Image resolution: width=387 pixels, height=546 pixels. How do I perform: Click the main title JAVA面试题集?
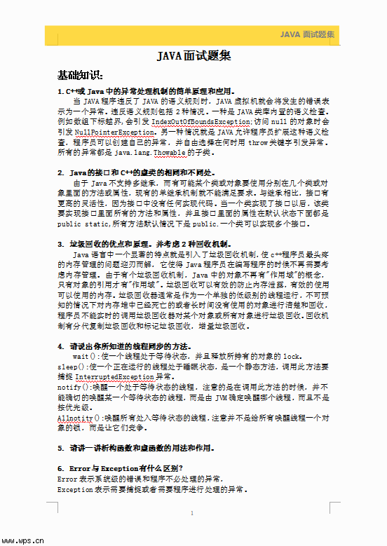pyautogui.click(x=193, y=57)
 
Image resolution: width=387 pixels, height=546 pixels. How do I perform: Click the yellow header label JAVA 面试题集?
pyautogui.click(x=307, y=34)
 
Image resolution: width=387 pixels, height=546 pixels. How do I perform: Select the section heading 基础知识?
pyautogui.click(x=80, y=75)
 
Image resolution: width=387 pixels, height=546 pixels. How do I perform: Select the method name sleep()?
pyautogui.click(x=72, y=367)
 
